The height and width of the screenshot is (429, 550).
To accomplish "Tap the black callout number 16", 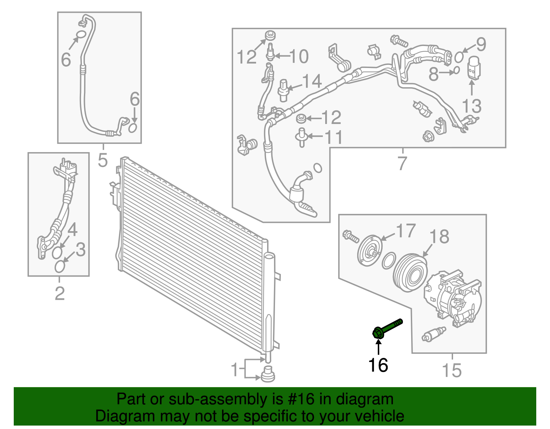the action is coord(378,365).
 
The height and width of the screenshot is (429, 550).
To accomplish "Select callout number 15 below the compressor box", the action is coord(452,370).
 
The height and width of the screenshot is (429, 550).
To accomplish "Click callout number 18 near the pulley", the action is coord(439,237).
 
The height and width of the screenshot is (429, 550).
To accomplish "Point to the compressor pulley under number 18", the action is coord(411,273).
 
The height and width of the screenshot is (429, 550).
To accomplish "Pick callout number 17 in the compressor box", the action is coord(406,230).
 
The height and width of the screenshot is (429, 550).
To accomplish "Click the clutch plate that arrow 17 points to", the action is coord(370,250).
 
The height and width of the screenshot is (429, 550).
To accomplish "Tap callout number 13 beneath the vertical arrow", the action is coord(472,106).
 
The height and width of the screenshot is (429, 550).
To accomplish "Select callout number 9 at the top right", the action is coord(481,45).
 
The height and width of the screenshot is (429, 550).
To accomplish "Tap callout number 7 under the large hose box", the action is coord(402,163).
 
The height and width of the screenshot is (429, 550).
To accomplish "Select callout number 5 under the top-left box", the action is coord(102,160).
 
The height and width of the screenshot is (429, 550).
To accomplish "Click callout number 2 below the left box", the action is coord(60,293).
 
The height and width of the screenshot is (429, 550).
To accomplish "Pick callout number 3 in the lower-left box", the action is coord(81,249).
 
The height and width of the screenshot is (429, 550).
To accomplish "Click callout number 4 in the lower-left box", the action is coord(73,230).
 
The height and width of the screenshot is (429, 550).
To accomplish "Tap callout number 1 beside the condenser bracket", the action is coord(235,369).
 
